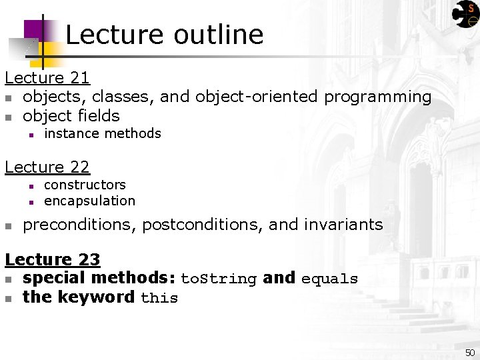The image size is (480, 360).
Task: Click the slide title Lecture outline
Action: pyautogui.click(x=164, y=35)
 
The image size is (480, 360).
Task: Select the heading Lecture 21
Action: pyautogui.click(x=47, y=78)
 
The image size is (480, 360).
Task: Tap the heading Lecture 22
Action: pyautogui.click(x=47, y=167)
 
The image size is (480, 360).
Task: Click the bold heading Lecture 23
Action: pyautogui.click(x=53, y=259)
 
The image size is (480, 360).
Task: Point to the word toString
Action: pyautogui.click(x=219, y=279)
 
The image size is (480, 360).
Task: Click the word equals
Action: pyautogui.click(x=329, y=279)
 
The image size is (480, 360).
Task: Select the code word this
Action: pyautogui.click(x=159, y=298)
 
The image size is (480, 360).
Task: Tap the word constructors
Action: pyautogui.click(x=85, y=185)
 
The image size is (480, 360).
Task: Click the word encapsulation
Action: pyautogui.click(x=89, y=201)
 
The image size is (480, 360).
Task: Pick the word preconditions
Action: pyautogui.click(x=80, y=225)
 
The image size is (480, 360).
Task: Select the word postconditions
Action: pyautogui.click(x=202, y=225)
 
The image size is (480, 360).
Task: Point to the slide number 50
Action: pyautogui.click(x=470, y=352)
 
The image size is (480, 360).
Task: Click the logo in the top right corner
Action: pyautogui.click(x=465, y=14)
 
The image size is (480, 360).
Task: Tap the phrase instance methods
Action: pyautogui.click(x=102, y=133)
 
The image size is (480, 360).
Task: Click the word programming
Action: pyautogui.click(x=377, y=97)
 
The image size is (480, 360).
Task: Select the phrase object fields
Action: pyautogui.click(x=71, y=116)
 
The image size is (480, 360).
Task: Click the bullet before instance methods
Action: pyautogui.click(x=31, y=135)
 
